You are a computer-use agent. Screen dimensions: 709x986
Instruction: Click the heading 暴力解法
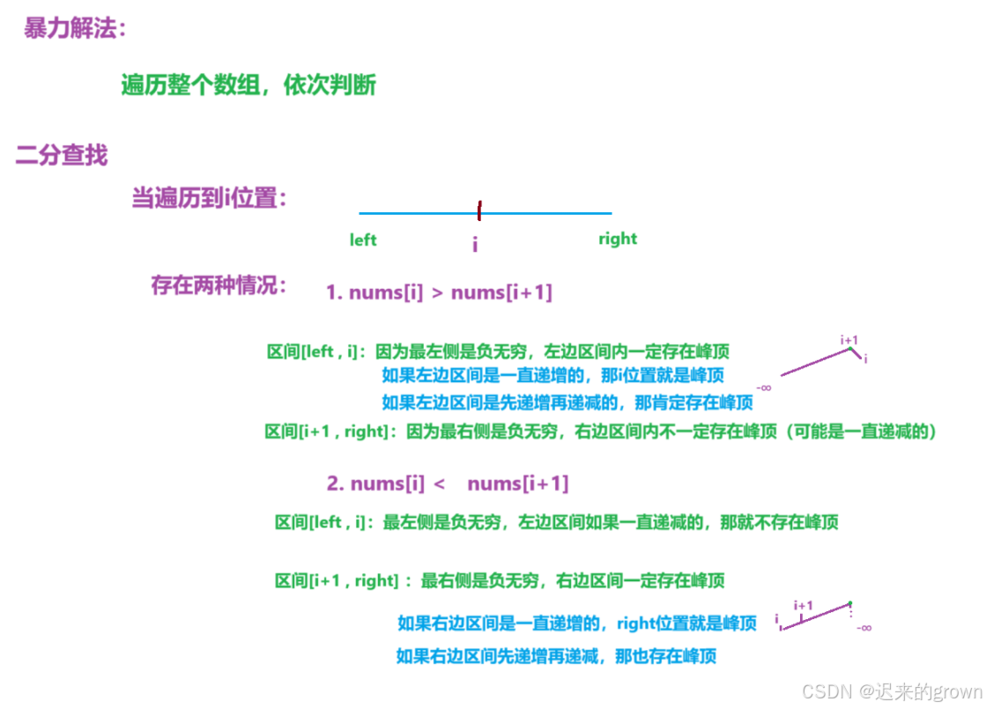75,28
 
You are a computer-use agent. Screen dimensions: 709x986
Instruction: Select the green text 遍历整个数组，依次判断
248,85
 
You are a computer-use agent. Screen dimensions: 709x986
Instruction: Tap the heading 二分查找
62,156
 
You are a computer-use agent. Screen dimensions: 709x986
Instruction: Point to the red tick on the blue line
478,211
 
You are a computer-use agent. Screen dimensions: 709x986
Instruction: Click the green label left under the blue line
363,240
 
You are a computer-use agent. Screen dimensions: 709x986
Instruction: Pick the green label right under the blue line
617,239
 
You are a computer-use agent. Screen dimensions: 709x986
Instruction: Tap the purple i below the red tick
475,245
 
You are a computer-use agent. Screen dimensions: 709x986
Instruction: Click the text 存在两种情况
219,286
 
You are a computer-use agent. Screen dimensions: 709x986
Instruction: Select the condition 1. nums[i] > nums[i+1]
439,292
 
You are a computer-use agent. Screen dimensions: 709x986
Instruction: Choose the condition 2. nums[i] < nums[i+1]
448,484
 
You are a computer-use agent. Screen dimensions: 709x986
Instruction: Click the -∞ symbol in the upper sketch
764,388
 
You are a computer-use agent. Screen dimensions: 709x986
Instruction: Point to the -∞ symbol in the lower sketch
863,627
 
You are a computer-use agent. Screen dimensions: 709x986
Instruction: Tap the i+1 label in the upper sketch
849,339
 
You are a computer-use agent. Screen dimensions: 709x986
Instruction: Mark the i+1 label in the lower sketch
803,605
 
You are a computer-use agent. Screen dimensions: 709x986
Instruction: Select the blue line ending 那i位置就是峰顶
552,375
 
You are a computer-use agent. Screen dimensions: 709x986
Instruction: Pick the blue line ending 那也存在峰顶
556,656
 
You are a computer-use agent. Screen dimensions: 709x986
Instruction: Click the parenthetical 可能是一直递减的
863,432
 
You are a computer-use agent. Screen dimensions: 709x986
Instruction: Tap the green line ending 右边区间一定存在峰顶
500,581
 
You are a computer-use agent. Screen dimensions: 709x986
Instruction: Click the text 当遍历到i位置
210,198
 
